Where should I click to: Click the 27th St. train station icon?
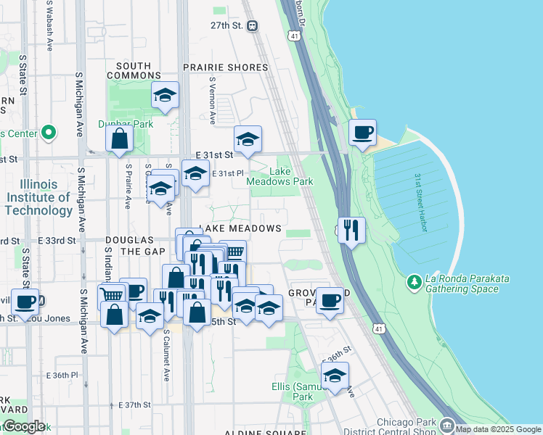252,25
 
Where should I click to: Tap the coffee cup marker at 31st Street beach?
362,133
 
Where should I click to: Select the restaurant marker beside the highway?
351,231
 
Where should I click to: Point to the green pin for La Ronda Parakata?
414,280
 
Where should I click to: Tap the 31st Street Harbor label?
420,202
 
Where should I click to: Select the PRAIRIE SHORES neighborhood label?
225,67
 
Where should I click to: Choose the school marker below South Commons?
165,95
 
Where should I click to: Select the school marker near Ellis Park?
335,376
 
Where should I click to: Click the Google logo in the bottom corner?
23,426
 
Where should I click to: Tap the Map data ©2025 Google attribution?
498,429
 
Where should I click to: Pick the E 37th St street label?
132,405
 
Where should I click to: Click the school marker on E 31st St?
248,139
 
